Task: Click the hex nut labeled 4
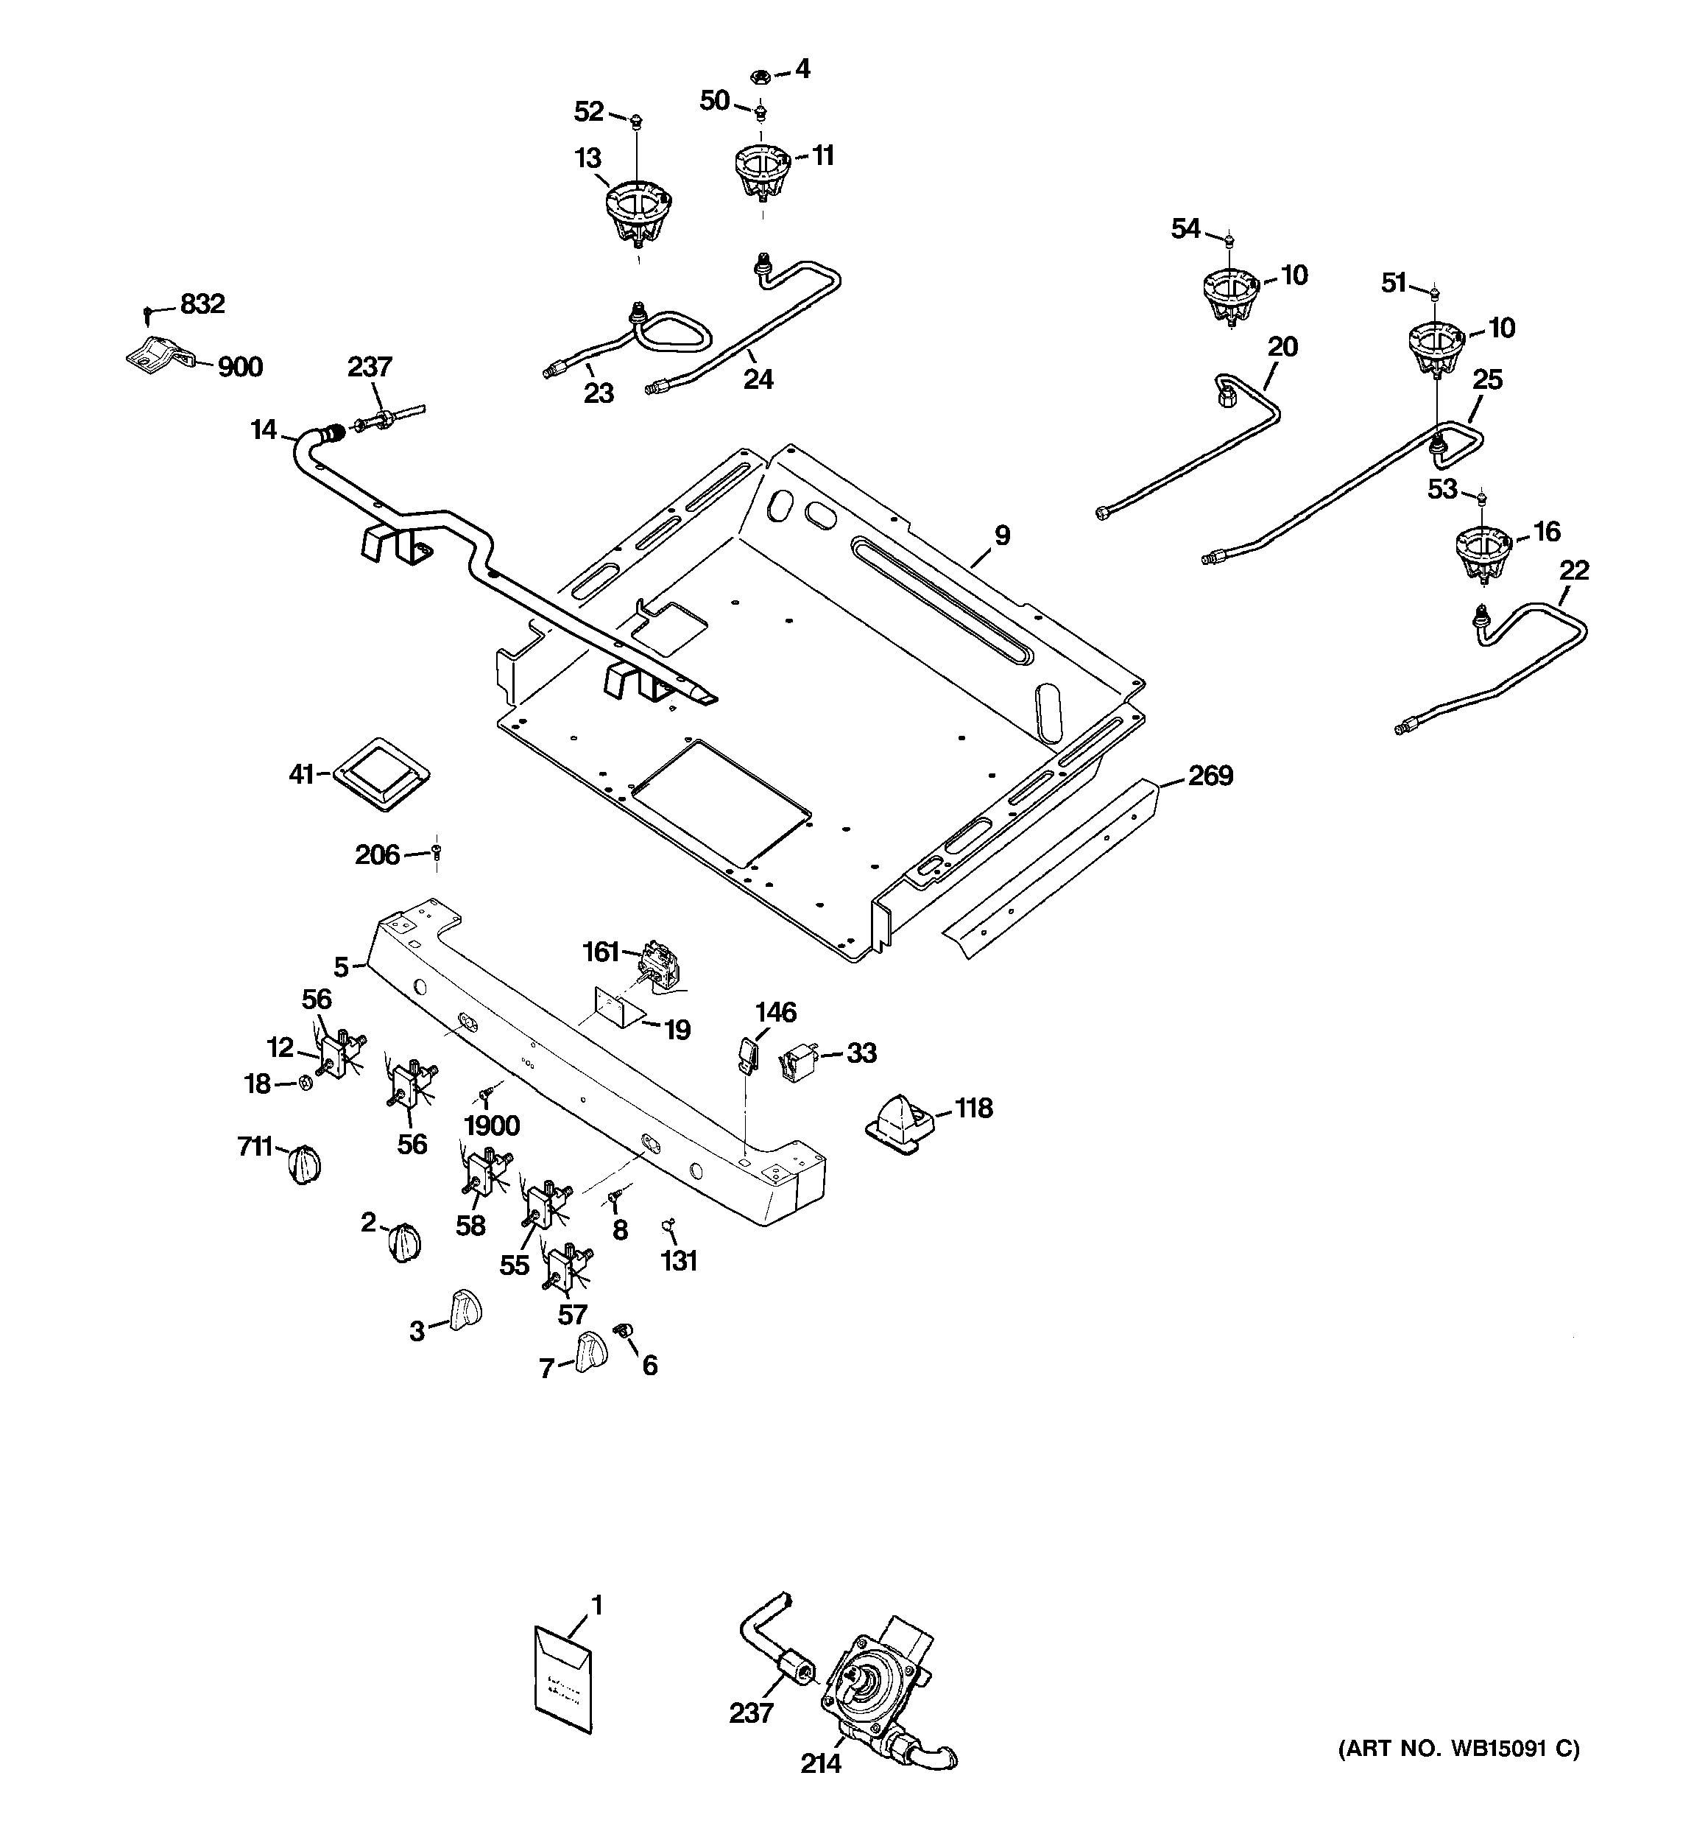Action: pos(772,76)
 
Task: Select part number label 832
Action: pos(202,303)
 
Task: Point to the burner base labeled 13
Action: pos(639,213)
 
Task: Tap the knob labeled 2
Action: pos(404,1243)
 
